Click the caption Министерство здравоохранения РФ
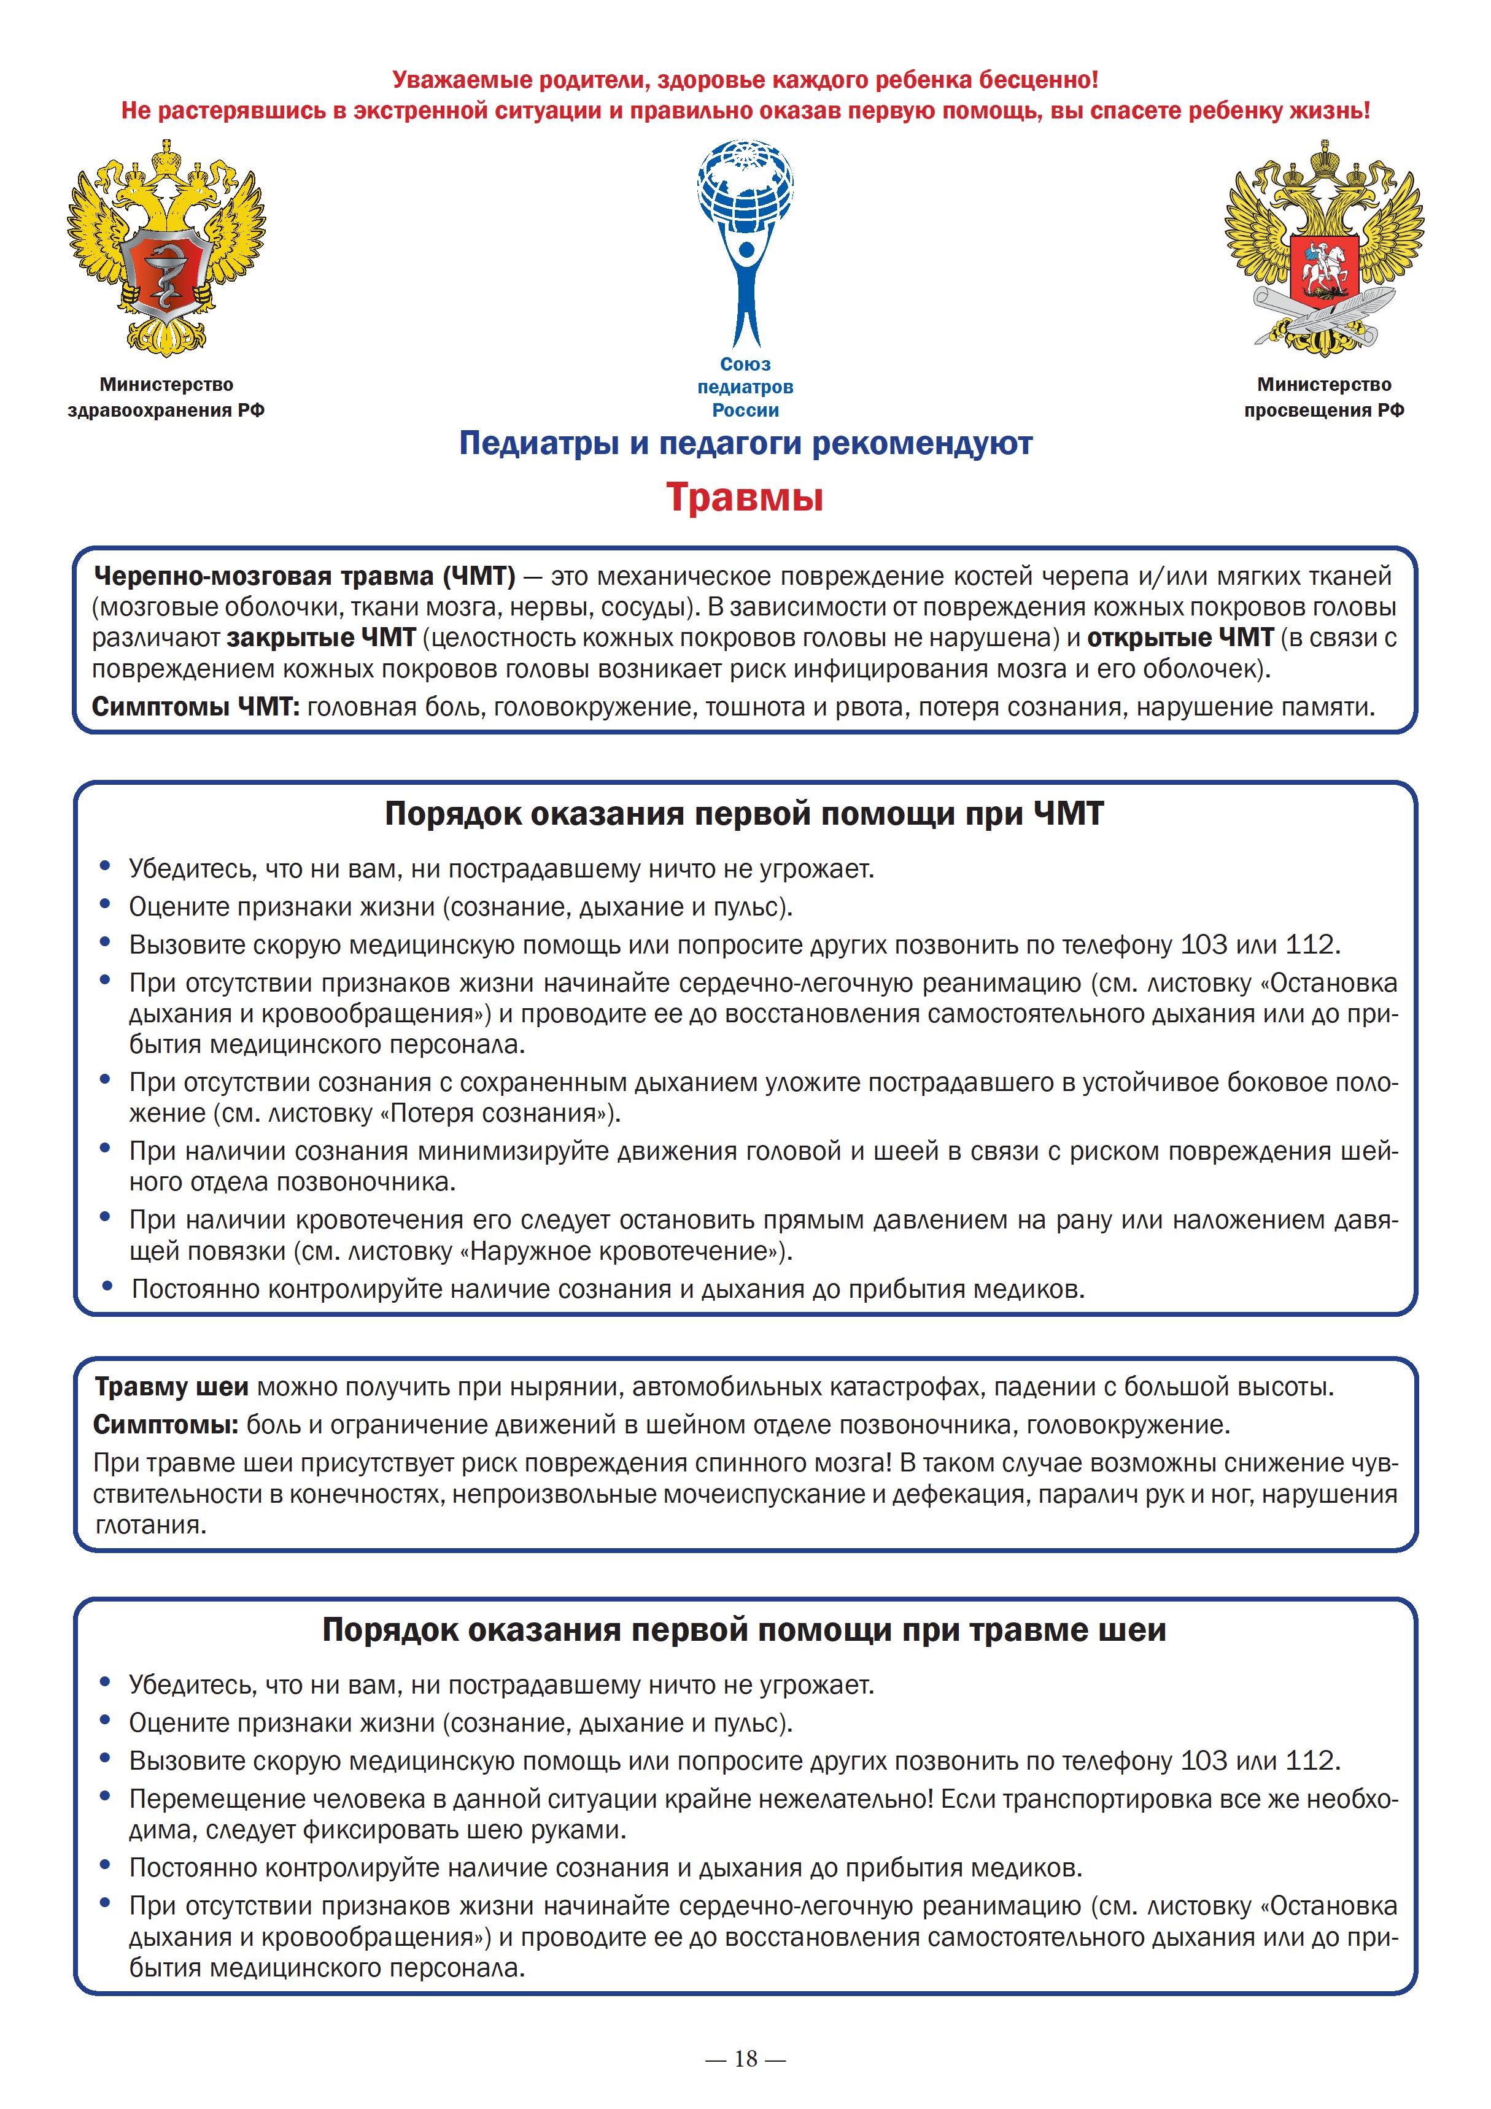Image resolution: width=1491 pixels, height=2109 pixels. point(166,397)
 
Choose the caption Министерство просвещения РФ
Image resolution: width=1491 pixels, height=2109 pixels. point(1324,397)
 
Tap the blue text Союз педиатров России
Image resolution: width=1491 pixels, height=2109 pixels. point(745,387)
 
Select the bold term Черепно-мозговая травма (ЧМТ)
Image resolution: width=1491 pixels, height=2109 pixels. point(304,576)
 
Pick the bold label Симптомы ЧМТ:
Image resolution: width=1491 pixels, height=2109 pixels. point(196,707)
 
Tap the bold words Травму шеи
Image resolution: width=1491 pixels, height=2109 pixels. point(171,1386)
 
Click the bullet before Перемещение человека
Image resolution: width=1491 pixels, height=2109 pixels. point(106,1796)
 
